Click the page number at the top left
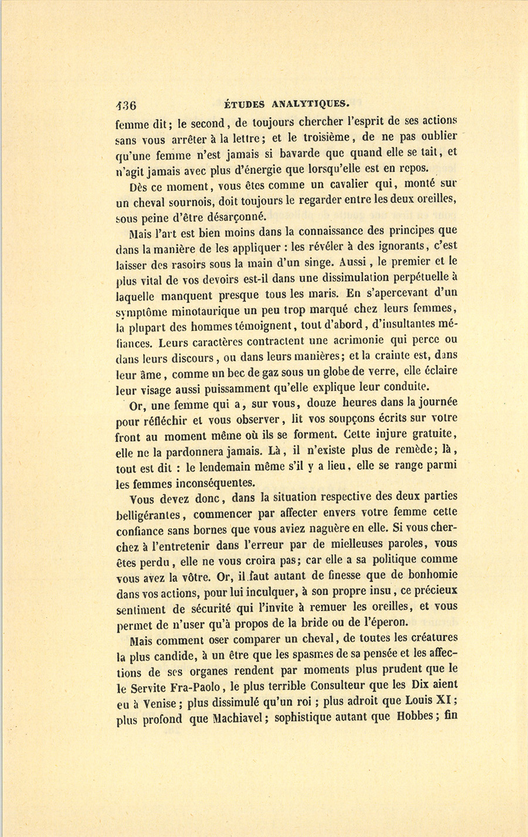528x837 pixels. click(126, 106)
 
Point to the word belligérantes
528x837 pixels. click(151, 515)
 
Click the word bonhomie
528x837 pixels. click(429, 574)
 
